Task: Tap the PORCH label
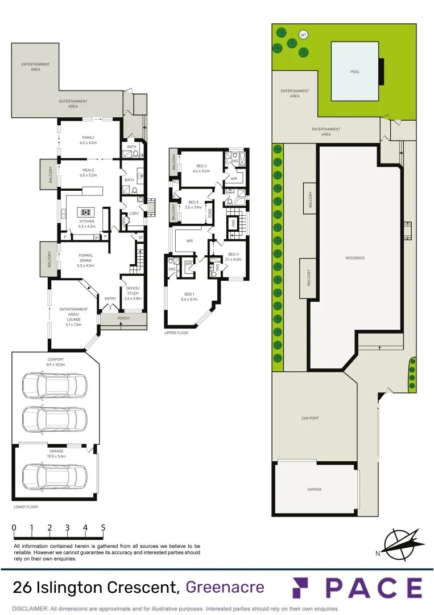coord(123,318)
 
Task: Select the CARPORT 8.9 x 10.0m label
coord(56,361)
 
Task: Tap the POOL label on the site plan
coord(355,72)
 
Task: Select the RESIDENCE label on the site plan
coord(355,258)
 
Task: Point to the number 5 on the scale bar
coord(103,528)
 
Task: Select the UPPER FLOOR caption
coord(176,333)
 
